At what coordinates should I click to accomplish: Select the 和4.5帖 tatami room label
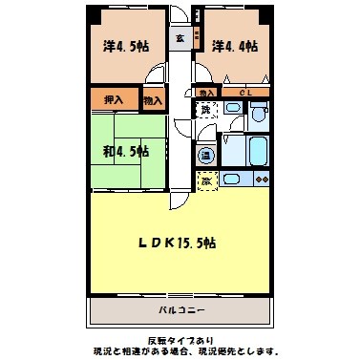125,151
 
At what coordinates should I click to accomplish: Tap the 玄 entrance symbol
180,38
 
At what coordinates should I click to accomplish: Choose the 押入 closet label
114,98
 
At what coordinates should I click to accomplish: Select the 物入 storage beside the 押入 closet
152,98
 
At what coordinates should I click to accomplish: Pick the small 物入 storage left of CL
207,93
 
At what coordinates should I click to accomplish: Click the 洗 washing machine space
204,112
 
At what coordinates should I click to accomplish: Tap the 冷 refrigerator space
204,179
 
